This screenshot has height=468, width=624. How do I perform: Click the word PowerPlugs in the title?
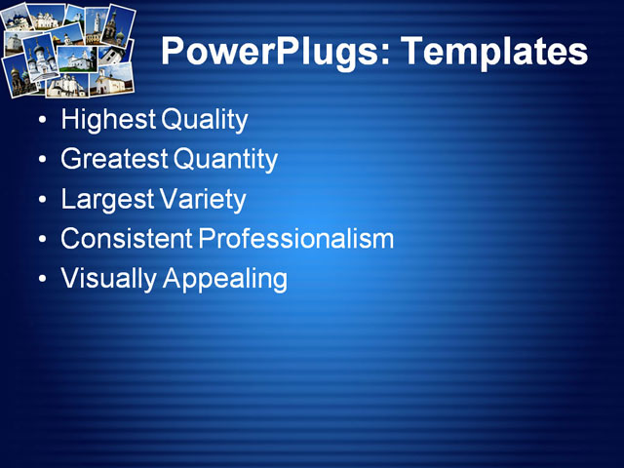coord(270,52)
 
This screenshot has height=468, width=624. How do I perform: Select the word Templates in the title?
coord(492,52)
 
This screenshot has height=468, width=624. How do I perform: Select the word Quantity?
coord(226,160)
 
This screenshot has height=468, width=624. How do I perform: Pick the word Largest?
coord(105,200)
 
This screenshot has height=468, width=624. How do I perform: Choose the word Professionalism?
coord(296,239)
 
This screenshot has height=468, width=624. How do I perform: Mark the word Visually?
coord(108,279)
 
